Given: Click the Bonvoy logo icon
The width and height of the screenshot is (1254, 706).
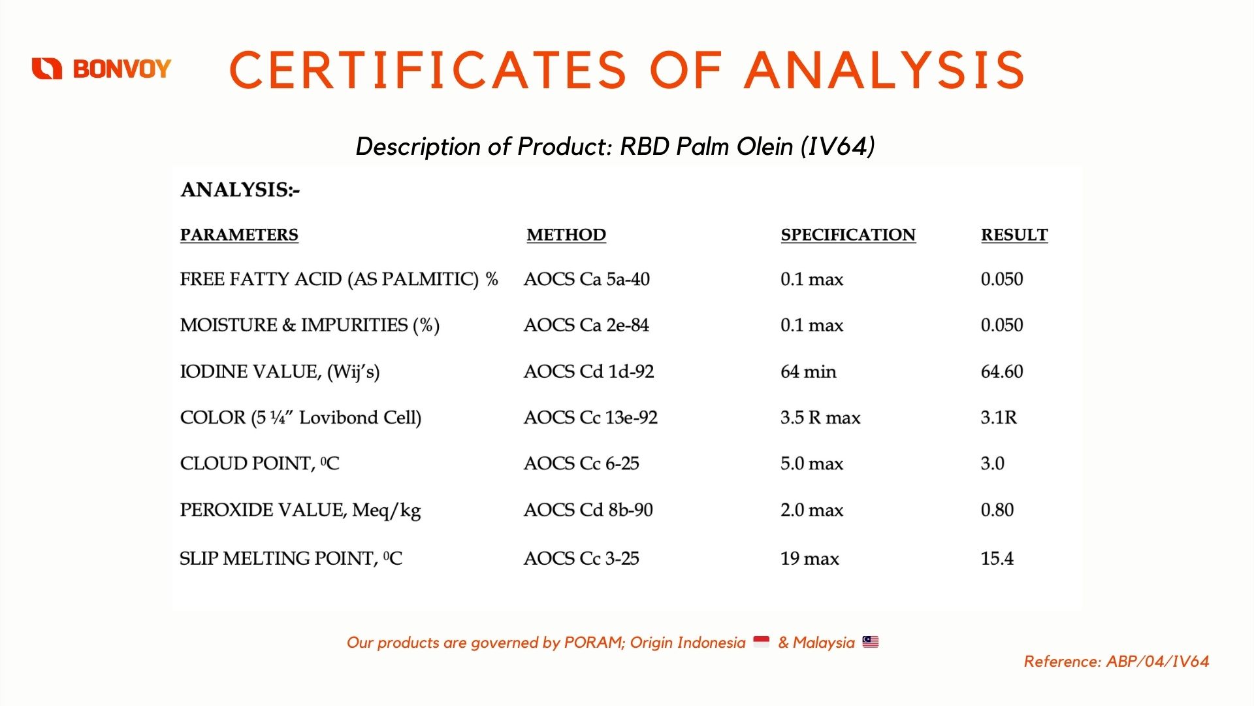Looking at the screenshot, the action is pyautogui.click(x=47, y=69).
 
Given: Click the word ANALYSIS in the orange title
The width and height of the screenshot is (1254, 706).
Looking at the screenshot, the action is pyautogui.click(x=885, y=70).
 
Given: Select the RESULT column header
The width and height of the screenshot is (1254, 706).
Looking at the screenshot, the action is pyautogui.click(x=1014, y=235).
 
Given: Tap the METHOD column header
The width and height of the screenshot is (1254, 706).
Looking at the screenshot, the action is pyautogui.click(x=566, y=235).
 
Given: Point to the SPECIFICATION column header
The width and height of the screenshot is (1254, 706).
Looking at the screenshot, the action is pyautogui.click(x=848, y=235).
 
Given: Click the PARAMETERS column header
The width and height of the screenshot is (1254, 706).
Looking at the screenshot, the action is pyautogui.click(x=239, y=235).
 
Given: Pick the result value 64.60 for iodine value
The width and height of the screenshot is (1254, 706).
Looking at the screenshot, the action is pyautogui.click(x=1002, y=371).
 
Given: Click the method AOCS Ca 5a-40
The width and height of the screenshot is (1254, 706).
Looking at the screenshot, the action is pyautogui.click(x=587, y=279).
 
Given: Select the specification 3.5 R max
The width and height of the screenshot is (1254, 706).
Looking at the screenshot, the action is pyautogui.click(x=820, y=417).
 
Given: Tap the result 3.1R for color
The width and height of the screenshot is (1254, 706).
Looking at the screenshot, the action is pyautogui.click(x=999, y=417).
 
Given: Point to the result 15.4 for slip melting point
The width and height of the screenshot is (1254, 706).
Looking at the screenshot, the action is pyautogui.click(x=997, y=558).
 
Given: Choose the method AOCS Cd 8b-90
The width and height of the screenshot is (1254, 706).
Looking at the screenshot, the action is pyautogui.click(x=588, y=509).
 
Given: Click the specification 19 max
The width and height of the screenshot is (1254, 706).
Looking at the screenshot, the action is pyautogui.click(x=810, y=558).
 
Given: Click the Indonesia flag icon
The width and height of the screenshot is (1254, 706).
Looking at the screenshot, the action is pyautogui.click(x=762, y=642).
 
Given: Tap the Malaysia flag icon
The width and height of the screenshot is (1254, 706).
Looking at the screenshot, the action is pyautogui.click(x=871, y=642).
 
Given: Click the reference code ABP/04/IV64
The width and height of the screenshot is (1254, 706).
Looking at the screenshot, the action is pyautogui.click(x=1157, y=662).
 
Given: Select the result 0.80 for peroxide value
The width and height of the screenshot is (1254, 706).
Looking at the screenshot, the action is pyautogui.click(x=997, y=509).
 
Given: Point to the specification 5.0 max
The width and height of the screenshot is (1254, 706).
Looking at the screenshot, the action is pyautogui.click(x=812, y=463).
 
